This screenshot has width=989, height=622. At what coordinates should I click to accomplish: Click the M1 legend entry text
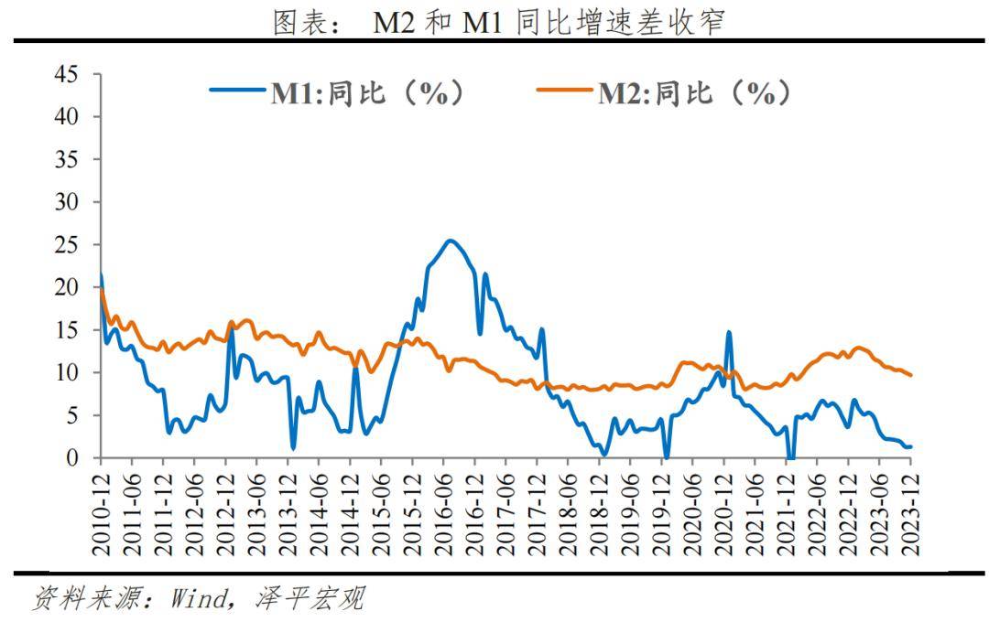pos(366,92)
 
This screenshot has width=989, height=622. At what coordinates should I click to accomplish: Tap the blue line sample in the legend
pos(238,91)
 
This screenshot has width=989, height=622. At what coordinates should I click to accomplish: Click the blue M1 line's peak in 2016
pos(450,241)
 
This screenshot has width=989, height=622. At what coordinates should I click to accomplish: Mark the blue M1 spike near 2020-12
pos(729,332)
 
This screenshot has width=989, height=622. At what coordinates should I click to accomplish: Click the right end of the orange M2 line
pos(911,375)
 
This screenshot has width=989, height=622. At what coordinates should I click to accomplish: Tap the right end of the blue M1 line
pos(911,446)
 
